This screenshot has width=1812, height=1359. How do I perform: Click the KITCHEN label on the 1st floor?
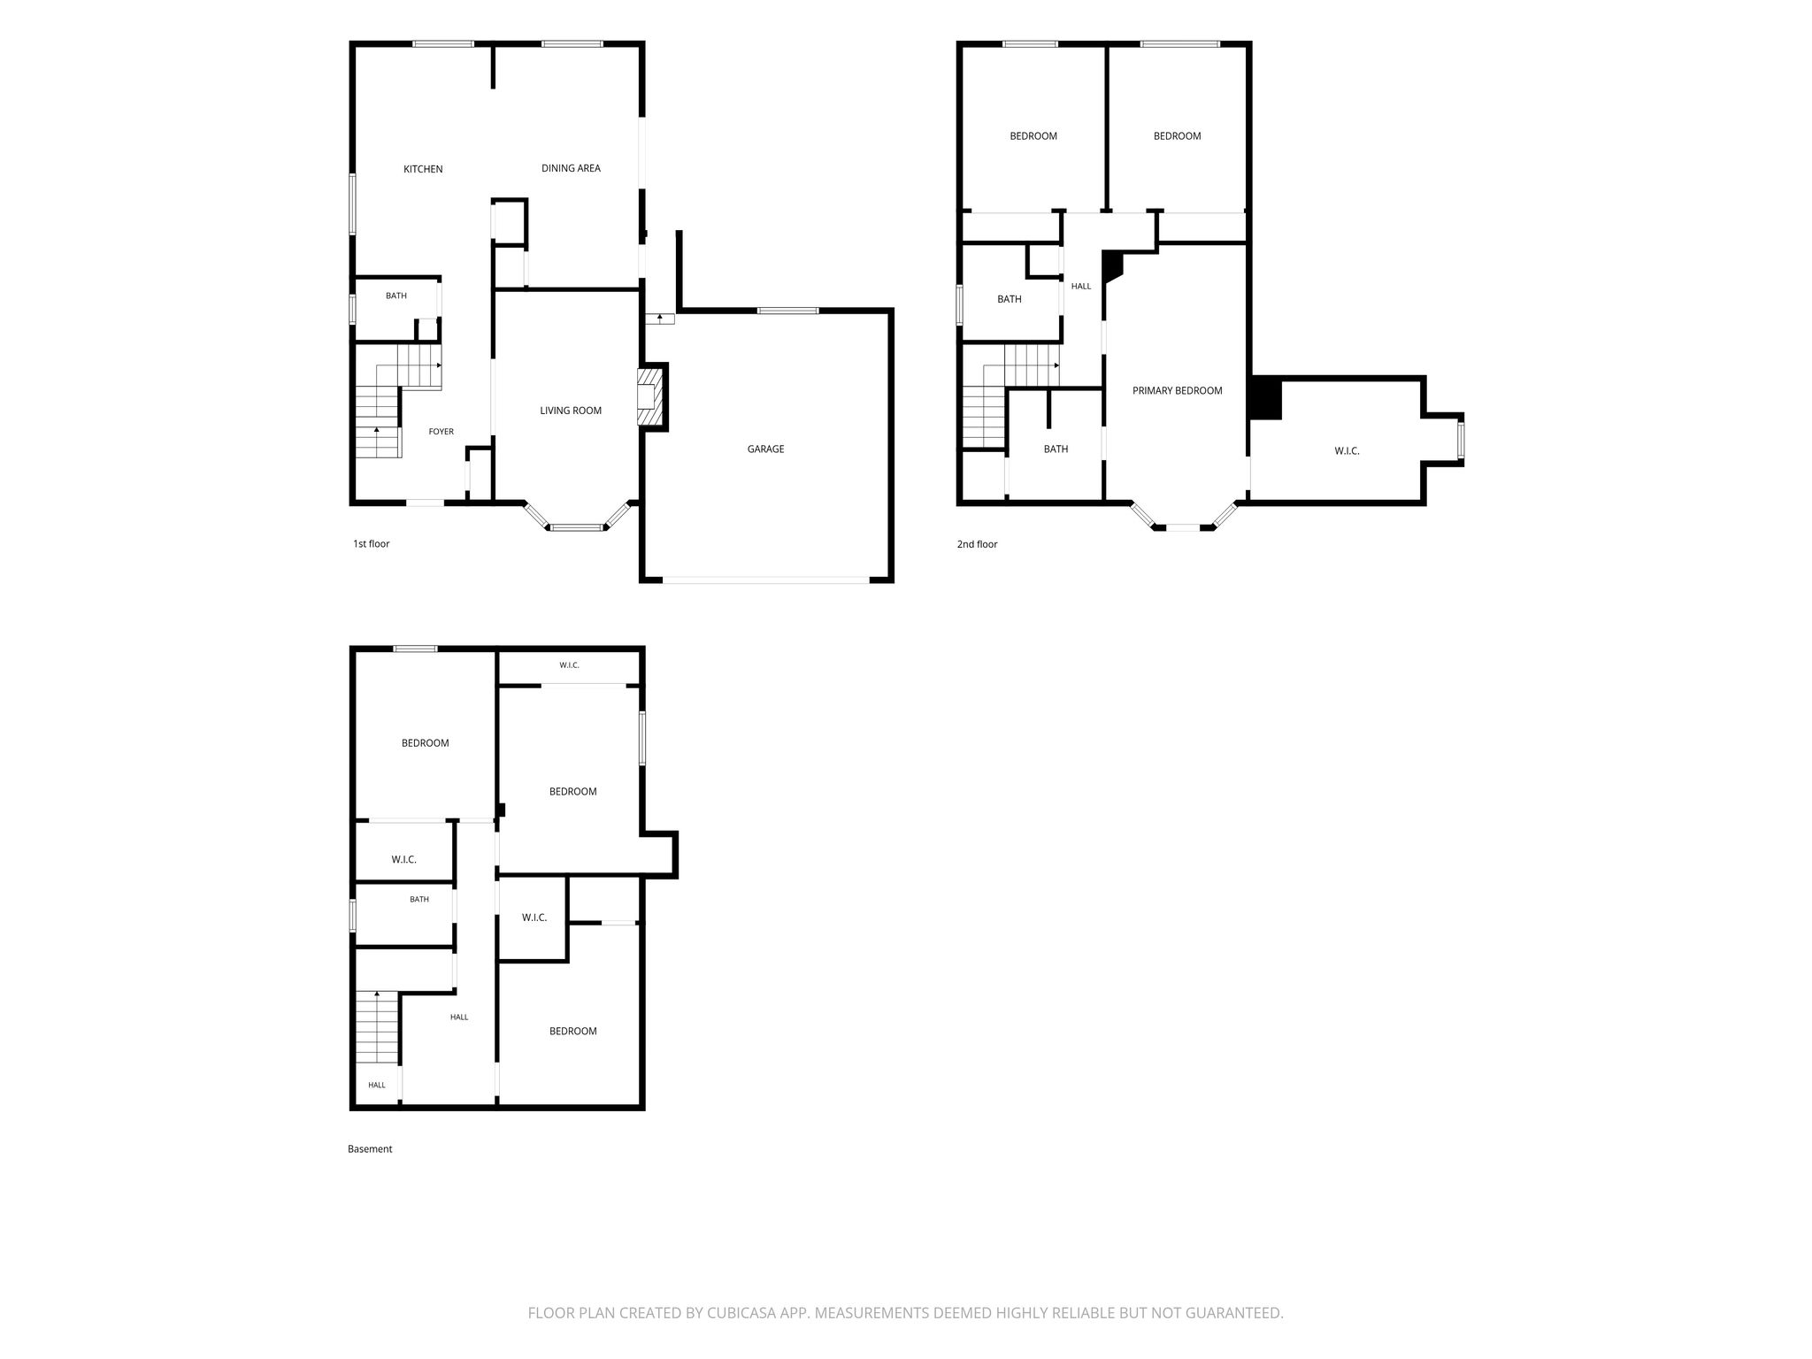423,169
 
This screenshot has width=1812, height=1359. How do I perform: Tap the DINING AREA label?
571,168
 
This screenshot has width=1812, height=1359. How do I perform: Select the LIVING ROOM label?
571,411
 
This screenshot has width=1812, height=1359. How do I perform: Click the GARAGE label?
765,449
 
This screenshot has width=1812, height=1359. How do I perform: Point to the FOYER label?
441,432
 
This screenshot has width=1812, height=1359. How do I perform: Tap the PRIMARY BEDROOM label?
1177,391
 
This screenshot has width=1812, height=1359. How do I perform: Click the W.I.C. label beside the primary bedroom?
1347,451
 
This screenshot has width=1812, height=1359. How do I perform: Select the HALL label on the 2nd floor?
1081,287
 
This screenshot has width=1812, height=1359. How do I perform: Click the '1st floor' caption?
371,544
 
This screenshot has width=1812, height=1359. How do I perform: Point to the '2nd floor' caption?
977,544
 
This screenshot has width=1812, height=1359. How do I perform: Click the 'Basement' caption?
370,1149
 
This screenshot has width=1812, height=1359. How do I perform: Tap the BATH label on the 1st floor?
396,296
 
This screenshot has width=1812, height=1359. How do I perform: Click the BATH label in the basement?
419,900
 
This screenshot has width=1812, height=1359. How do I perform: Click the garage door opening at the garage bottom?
766,580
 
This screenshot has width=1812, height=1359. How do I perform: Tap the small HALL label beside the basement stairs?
377,1085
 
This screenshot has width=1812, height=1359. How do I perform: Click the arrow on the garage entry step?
660,318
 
